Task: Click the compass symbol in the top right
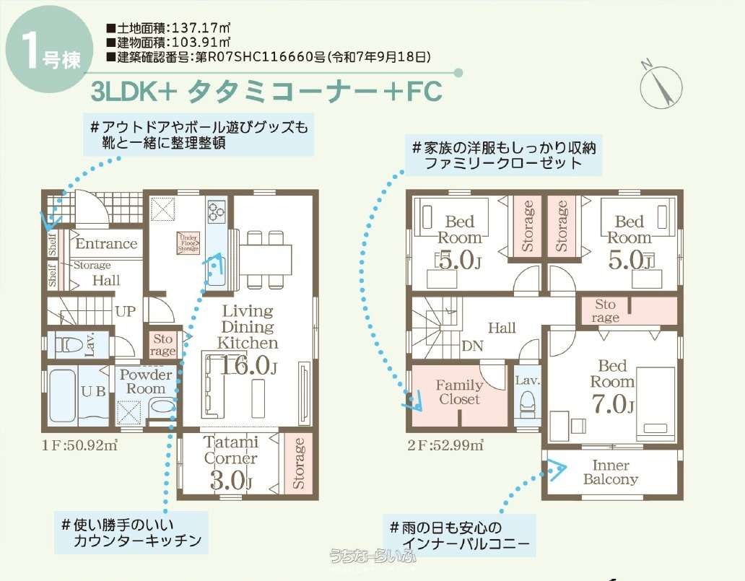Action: point(661,85)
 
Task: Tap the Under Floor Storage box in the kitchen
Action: point(188,243)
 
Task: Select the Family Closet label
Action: point(459,392)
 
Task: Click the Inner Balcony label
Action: point(611,472)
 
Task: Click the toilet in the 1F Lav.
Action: point(68,344)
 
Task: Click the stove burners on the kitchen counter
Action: point(217,211)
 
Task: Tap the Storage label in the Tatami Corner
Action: point(298,463)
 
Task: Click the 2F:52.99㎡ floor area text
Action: point(445,445)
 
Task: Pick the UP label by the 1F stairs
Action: point(126,312)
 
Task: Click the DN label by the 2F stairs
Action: point(472,346)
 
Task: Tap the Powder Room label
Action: point(146,382)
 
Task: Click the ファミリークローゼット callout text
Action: point(502,163)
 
